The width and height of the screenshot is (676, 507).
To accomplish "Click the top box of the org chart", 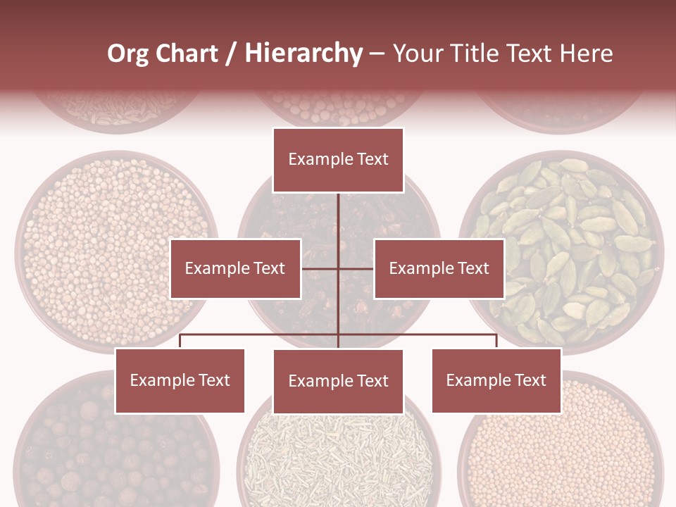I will (338, 160).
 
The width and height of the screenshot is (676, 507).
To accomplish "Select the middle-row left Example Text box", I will (235, 268).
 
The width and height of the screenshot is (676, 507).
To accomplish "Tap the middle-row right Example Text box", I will (439, 268).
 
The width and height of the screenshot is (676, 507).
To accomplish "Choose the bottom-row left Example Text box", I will (180, 381).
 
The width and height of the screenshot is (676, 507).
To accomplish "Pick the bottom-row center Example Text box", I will (338, 382).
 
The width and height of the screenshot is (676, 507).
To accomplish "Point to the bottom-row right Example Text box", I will (496, 381).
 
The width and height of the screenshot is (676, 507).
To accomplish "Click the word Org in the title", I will (127, 54).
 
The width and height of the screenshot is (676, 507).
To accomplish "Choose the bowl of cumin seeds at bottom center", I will (338, 458).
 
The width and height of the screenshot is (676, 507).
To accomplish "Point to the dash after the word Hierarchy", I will (377, 54).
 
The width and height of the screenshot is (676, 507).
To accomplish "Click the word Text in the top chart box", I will (372, 159).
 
